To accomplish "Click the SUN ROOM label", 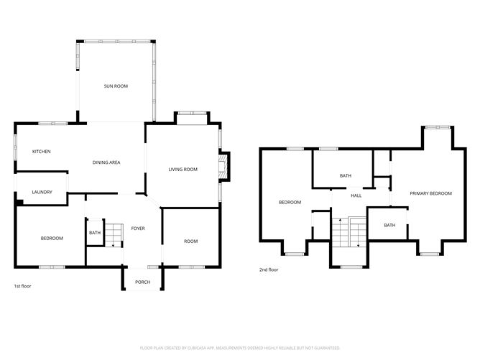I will pos(116,86).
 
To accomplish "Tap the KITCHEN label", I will pos(41,152).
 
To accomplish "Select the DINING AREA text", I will pos(106,162).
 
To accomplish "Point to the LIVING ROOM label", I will pos(183,170).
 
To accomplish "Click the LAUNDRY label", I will pos(41,192).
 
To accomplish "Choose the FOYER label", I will pos(137,229).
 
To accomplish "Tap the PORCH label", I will pos(142,282).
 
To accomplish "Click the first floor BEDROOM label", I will pos(52,238).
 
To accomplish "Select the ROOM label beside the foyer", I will pos(190,241).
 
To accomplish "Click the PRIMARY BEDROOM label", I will pos(430,193).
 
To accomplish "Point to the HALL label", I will pos(356,195).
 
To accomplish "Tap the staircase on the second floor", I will pos(349,231).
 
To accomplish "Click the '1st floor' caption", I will pos(22,286).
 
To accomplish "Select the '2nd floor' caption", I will pos(269,270).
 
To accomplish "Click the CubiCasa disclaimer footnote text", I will pos(239,346).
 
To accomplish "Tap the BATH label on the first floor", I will pos(95,233).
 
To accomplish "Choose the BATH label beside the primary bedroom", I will pos(389,226).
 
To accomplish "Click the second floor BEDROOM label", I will pos(290,203).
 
